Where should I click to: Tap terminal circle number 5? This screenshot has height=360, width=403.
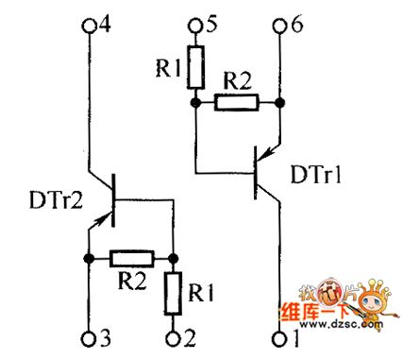[194, 26]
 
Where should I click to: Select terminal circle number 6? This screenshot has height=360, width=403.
[280, 26]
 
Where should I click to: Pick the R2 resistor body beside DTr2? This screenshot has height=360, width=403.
[131, 257]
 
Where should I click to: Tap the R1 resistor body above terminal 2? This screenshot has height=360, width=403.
[175, 292]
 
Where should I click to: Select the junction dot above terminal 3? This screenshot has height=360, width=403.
[88, 257]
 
